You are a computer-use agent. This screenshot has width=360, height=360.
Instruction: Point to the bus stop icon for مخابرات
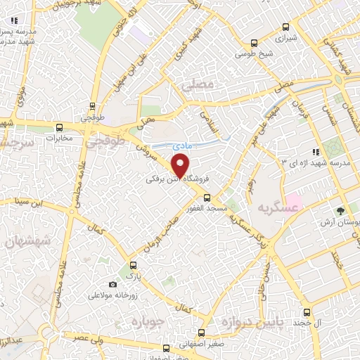58,128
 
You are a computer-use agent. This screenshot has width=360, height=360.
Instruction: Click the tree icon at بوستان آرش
340,210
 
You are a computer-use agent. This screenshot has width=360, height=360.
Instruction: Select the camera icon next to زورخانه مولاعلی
112,284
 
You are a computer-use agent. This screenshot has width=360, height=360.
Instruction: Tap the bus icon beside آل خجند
306,312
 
